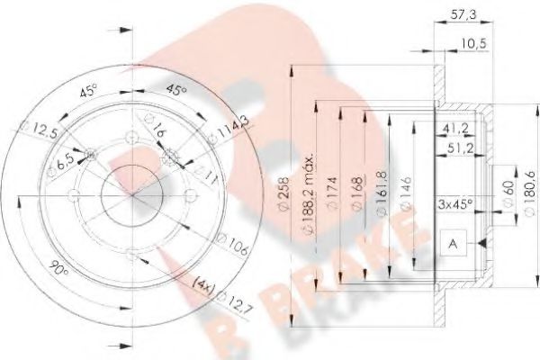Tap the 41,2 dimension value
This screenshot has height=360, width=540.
point(453,129)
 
